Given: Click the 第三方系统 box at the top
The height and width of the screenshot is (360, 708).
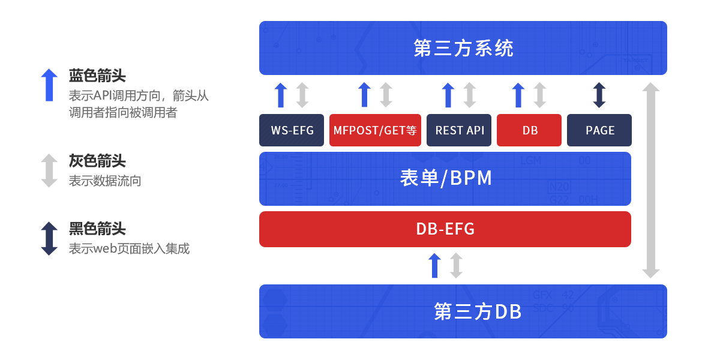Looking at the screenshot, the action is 463,48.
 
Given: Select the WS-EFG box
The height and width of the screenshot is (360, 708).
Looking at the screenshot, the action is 292,130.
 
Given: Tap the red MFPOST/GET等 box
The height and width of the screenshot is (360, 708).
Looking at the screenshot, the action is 375,130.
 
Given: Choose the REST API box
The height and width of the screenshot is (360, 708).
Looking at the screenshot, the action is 459,130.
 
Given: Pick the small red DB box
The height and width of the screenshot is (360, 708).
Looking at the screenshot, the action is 529,130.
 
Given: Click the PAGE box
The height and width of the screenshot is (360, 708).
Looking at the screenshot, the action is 599,130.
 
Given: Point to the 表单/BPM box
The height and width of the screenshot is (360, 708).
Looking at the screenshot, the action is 445,179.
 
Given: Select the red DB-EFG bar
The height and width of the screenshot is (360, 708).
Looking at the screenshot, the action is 445,229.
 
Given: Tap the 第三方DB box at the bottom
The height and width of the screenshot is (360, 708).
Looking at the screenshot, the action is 463,311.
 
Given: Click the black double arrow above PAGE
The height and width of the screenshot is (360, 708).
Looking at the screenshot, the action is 599,95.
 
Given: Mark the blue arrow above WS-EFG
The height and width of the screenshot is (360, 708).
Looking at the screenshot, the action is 281,95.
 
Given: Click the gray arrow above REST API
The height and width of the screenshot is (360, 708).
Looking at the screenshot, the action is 470,95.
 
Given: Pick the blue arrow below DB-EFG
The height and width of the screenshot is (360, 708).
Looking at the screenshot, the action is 434,266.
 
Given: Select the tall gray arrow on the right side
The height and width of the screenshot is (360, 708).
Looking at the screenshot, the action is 650,180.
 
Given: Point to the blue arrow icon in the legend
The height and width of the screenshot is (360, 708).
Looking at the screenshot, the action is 49,85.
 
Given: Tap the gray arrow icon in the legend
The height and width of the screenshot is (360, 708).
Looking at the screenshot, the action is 49,170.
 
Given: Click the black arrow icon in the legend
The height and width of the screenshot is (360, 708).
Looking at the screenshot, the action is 49,238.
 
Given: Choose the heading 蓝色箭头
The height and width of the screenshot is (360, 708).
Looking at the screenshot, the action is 97,76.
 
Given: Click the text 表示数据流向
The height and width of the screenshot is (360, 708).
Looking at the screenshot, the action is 105,181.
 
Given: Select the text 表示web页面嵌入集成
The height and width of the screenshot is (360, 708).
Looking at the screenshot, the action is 129,248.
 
